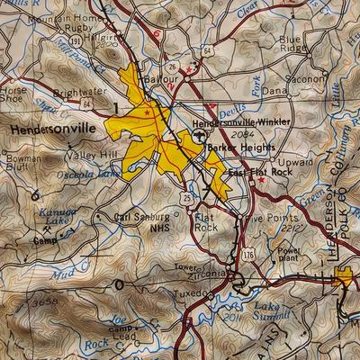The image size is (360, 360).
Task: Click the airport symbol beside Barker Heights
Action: [200, 135]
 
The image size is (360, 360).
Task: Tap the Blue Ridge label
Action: [291, 44]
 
